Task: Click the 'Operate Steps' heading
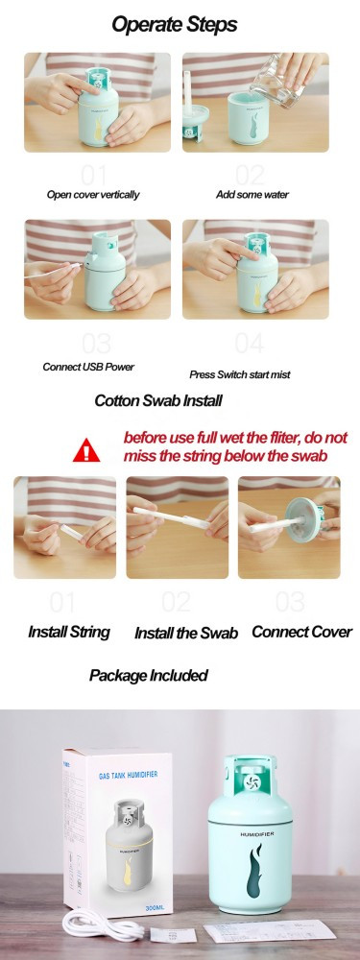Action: tap(175, 25)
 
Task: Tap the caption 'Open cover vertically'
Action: tap(93, 195)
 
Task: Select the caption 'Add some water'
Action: tap(252, 195)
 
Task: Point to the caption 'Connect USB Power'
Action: tap(88, 367)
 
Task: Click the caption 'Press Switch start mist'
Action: tap(240, 374)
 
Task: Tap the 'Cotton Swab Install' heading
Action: tap(158, 400)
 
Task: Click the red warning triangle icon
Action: tap(86, 450)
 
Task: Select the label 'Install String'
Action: tap(69, 632)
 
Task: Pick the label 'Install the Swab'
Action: tap(186, 633)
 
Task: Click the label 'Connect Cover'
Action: tap(301, 632)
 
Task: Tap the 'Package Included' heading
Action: tap(149, 675)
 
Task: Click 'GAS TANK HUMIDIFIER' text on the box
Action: tap(128, 775)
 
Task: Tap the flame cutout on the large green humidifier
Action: tap(254, 868)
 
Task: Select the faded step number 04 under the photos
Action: tap(250, 344)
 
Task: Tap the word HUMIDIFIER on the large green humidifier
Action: tap(257, 833)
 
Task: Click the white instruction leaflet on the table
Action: tap(270, 931)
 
